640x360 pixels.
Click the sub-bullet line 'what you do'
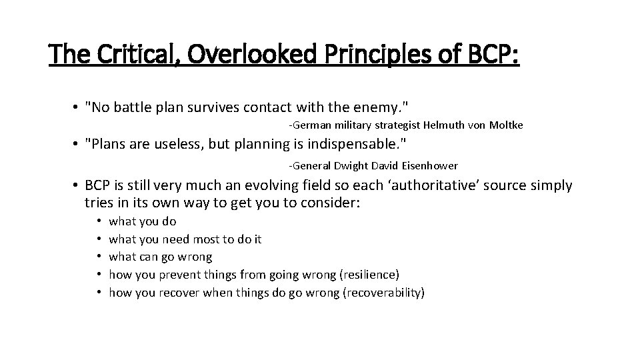(x=142, y=221)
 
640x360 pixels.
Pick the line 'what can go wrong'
(x=160, y=257)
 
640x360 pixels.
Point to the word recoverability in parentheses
(x=383, y=292)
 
